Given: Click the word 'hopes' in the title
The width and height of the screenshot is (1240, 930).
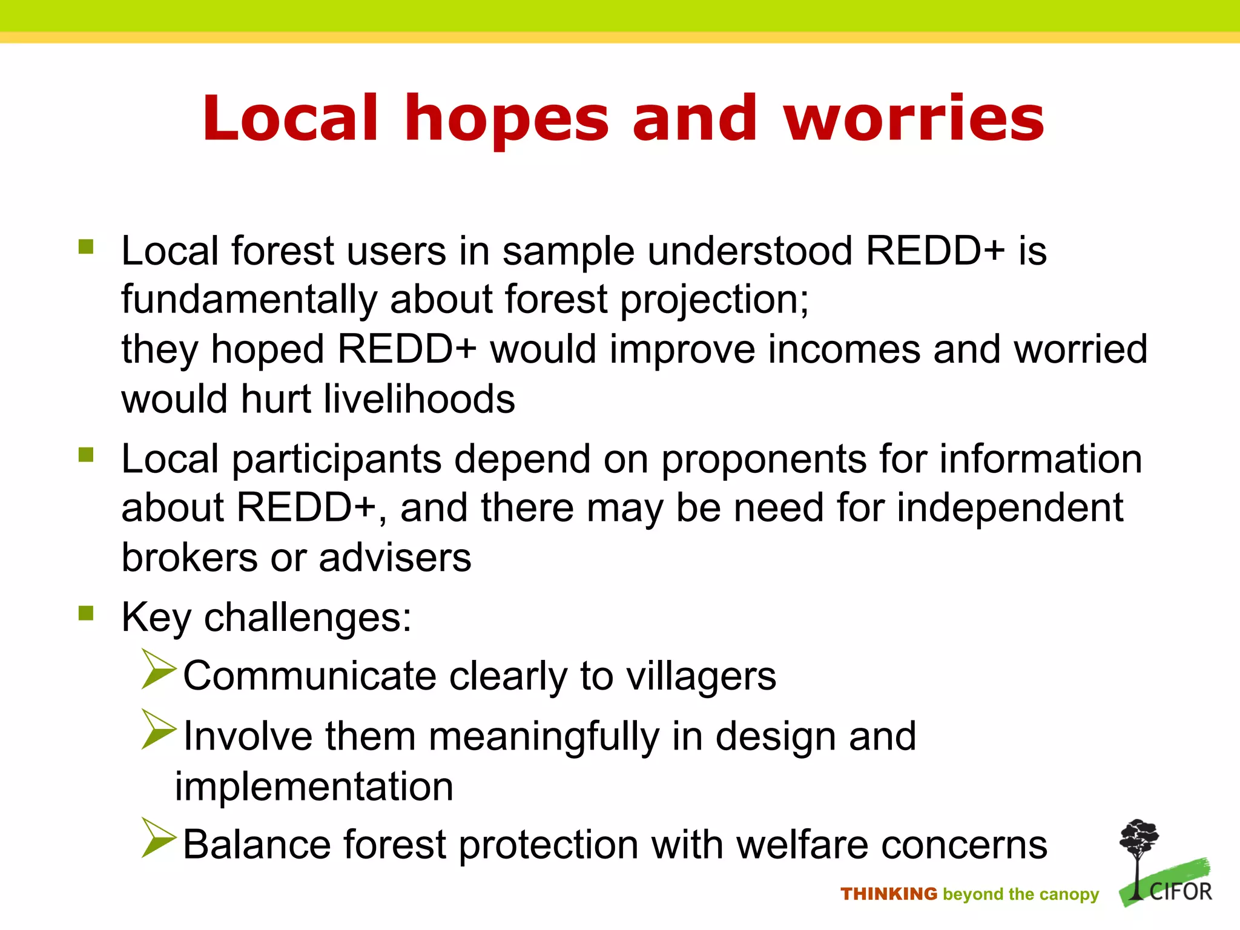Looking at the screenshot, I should pyautogui.click(x=506, y=119).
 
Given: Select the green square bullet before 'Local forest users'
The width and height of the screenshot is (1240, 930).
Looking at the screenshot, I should pyautogui.click(x=86, y=247).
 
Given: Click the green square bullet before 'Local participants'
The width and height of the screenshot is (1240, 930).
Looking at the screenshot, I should pyautogui.click(x=86, y=455).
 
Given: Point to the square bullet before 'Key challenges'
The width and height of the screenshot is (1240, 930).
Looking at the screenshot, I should pyautogui.click(x=86, y=613).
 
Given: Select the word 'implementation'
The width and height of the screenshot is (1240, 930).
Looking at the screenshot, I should pyautogui.click(x=314, y=787).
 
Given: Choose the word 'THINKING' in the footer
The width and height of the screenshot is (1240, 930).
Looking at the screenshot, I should pyautogui.click(x=888, y=894).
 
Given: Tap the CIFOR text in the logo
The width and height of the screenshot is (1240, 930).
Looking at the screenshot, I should pyautogui.click(x=1180, y=892).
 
